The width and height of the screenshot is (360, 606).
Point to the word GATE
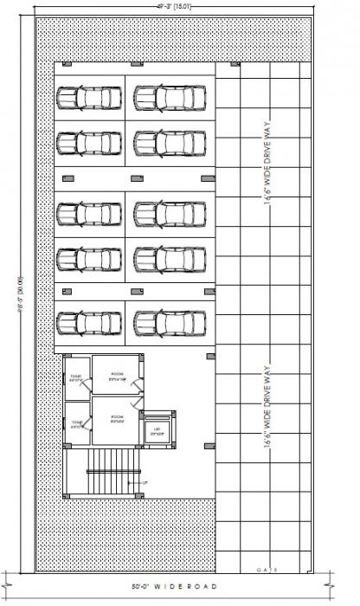click(x=265, y=570)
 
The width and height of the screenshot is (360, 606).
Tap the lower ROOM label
click(x=116, y=418)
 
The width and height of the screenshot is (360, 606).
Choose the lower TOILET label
click(x=75, y=424)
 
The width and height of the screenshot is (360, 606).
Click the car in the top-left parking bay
click(x=88, y=97)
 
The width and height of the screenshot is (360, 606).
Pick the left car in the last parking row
click(x=88, y=322)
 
